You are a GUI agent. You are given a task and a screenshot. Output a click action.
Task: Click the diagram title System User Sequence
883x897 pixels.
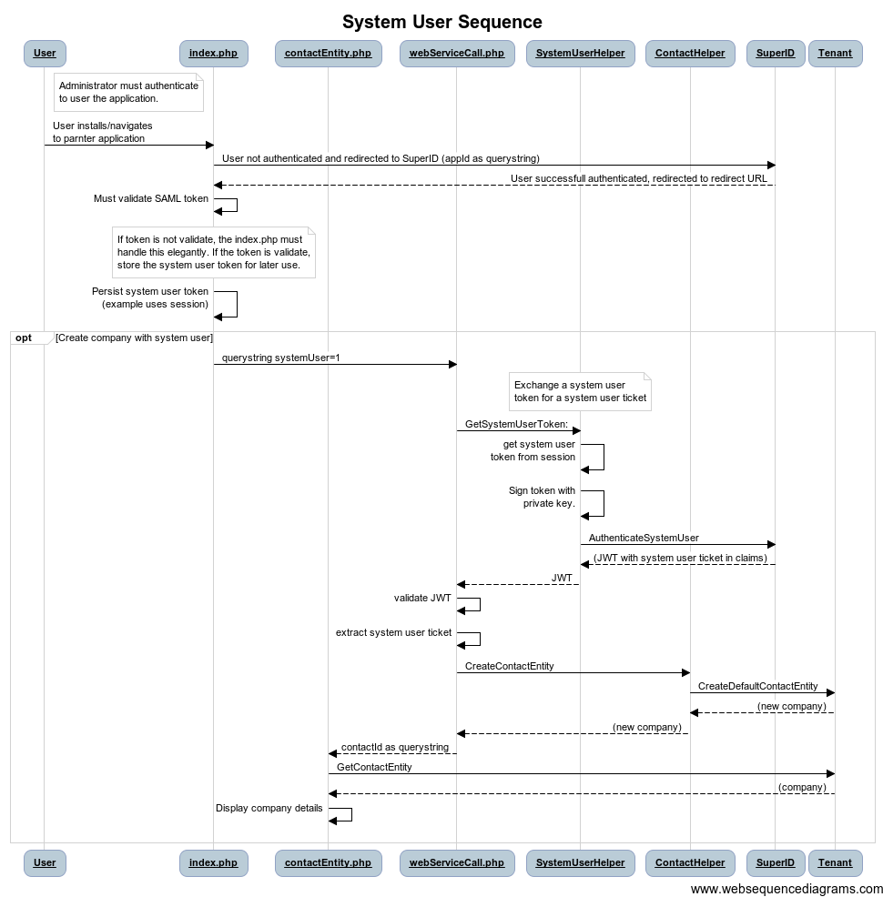click(441, 22)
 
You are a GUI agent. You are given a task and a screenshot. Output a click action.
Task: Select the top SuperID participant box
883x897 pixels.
click(776, 53)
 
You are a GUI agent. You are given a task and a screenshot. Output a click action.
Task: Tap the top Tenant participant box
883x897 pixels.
click(835, 53)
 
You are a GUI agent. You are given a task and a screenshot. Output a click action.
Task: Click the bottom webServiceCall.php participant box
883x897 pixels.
click(457, 862)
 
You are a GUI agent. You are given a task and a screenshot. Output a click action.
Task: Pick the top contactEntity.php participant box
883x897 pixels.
click(328, 53)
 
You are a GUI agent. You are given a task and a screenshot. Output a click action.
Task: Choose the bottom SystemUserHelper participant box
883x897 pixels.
click(580, 862)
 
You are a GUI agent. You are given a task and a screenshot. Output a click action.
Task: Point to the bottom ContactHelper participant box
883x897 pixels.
click(690, 862)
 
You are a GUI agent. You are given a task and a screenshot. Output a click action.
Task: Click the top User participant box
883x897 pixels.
click(45, 53)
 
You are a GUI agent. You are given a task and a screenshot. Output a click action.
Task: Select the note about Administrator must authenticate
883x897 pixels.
click(128, 92)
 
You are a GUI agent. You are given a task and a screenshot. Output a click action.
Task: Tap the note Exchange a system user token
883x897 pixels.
click(580, 391)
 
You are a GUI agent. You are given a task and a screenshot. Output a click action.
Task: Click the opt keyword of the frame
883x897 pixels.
click(24, 338)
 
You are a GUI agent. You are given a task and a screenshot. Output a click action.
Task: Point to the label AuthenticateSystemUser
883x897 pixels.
click(644, 538)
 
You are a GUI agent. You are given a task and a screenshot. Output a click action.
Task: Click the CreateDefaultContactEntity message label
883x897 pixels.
click(757, 686)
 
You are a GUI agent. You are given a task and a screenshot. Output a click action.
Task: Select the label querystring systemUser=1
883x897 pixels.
click(281, 358)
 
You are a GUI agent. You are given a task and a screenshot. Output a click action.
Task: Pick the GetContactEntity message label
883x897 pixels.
click(374, 767)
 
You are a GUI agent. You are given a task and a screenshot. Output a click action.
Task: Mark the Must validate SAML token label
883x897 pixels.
click(151, 198)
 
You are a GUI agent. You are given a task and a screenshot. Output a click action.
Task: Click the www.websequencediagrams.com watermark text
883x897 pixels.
click(787, 889)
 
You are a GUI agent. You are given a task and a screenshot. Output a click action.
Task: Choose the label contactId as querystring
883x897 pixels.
click(395, 747)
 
